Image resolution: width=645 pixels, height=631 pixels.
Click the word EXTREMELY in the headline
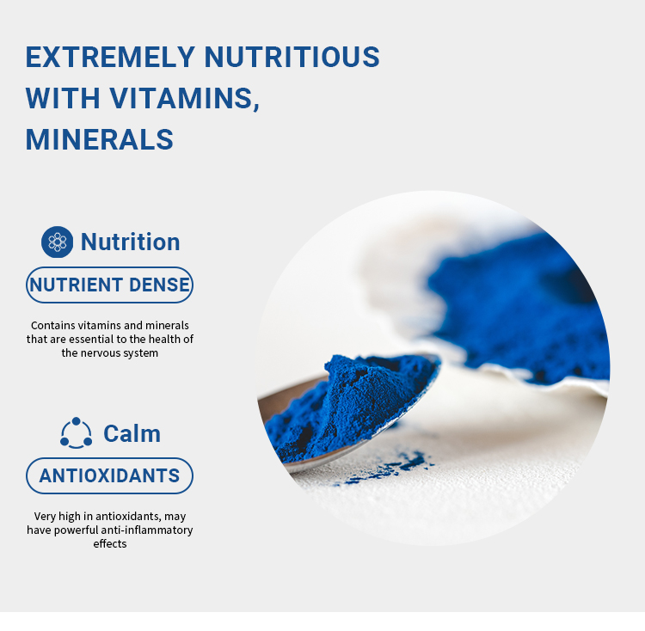[110, 57]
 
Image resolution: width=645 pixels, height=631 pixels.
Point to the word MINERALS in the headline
[99, 139]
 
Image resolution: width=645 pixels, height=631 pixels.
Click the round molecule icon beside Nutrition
[58, 242]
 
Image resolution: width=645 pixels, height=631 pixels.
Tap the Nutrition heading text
[130, 242]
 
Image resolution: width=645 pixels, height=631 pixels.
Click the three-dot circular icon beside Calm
[76, 433]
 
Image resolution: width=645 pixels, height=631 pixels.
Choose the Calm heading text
[132, 433]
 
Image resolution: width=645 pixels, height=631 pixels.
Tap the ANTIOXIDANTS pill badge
[109, 476]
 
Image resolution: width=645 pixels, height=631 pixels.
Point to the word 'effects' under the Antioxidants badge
[109, 544]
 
